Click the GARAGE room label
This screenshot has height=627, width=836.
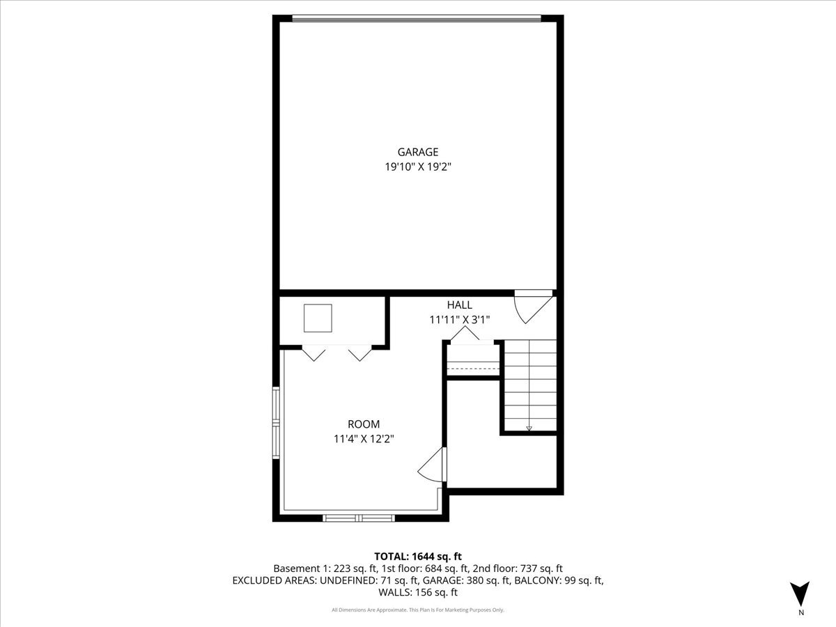tap(418, 152)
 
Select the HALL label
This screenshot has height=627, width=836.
tap(459, 305)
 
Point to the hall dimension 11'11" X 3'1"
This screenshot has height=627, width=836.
tap(459, 320)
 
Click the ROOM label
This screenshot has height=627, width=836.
tap(364, 424)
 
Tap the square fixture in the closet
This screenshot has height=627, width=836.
tap(318, 318)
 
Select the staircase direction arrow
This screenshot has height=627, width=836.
tap(529, 427)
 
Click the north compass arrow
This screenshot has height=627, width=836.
tap(801, 592)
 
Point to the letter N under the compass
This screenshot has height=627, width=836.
tap(801, 613)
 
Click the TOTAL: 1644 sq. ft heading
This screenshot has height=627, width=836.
tap(418, 556)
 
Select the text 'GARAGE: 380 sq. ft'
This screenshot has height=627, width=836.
tap(466, 580)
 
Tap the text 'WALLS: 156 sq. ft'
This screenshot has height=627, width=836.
tap(418, 593)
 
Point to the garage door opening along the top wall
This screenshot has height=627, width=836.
tap(417, 19)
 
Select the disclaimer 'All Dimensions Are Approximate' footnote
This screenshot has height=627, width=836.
tap(418, 610)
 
